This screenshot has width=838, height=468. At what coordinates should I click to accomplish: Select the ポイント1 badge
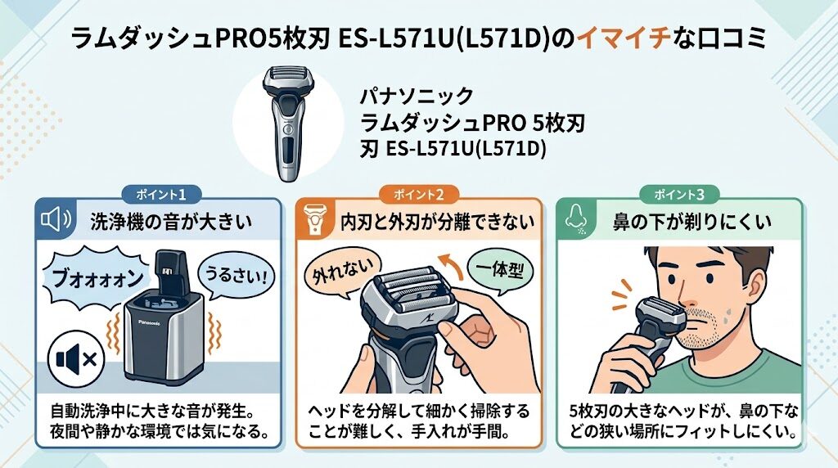pos(159,195)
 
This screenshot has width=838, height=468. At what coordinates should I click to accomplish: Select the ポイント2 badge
pos(418,195)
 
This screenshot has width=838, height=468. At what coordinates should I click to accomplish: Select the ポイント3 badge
pos(678,195)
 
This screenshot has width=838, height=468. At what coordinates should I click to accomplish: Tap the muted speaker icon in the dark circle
pos(74,358)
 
